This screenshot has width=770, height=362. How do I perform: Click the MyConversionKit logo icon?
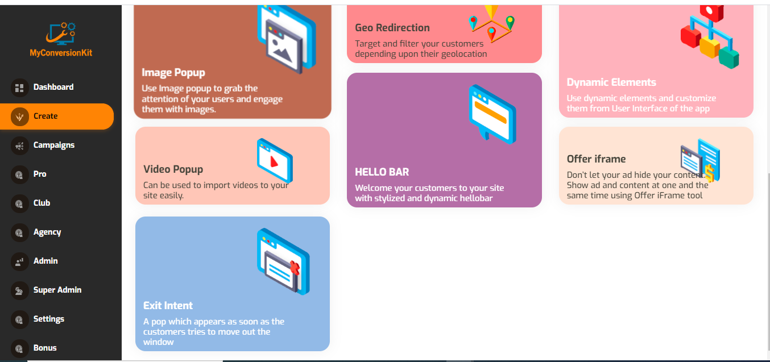[61, 34]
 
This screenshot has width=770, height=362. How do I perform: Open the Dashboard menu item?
[53, 88]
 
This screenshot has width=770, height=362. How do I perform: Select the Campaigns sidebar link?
[54, 145]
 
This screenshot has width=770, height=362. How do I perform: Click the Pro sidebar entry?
[40, 174]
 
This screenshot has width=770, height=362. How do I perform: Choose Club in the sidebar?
[42, 203]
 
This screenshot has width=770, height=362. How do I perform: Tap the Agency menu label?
[47, 232]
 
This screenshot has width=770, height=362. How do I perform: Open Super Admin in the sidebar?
[57, 290]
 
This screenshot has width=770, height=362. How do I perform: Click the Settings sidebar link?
[49, 319]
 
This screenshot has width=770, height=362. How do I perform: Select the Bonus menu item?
[45, 348]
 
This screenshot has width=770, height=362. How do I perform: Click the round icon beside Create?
[19, 116]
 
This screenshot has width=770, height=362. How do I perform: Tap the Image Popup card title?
[173, 73]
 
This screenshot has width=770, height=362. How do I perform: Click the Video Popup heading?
[173, 169]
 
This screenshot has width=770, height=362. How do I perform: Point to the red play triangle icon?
[274, 162]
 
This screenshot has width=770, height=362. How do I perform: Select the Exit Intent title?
[168, 306]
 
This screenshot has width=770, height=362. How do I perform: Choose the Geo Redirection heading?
[392, 28]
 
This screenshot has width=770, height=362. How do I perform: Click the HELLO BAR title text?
[382, 172]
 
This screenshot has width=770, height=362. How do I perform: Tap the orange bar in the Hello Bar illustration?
[491, 113]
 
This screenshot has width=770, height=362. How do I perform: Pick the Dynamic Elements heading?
[611, 82]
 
